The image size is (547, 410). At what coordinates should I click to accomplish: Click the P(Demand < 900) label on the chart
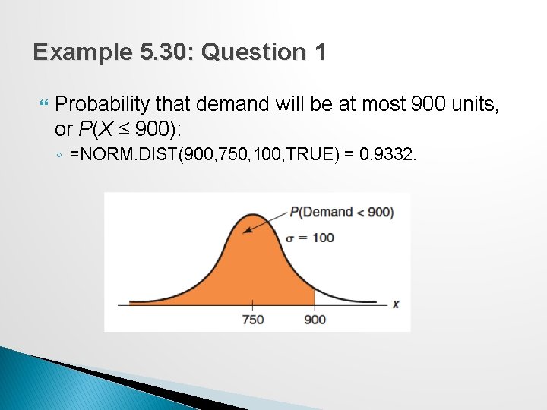coord(341,212)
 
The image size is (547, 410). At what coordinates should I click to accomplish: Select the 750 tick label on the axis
coord(252,319)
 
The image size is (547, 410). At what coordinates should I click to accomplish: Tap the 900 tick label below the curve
coord(315,319)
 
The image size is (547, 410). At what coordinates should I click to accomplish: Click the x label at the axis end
coord(396,304)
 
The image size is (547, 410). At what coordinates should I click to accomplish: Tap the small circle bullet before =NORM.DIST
coord(59,156)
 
